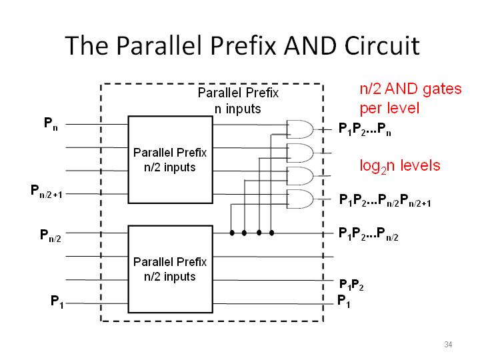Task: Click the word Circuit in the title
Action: click(382, 45)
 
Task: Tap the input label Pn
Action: click(51, 124)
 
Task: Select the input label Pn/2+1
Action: click(46, 191)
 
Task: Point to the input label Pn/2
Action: click(51, 236)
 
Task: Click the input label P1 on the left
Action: click(57, 302)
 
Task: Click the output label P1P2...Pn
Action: click(365, 129)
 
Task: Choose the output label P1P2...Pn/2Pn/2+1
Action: click(385, 201)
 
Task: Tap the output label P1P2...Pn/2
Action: click(368, 234)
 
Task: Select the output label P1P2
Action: click(351, 285)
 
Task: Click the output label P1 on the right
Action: click(343, 301)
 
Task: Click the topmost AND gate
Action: click(300, 129)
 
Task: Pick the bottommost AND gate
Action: click(300, 199)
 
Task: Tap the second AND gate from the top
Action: click(300, 153)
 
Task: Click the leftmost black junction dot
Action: click(232, 233)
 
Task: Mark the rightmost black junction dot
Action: click(271, 233)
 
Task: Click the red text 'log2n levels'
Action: click(400, 167)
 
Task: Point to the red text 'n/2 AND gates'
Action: click(411, 89)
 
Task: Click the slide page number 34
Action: click(448, 345)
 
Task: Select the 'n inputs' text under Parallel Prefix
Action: click(237, 109)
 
